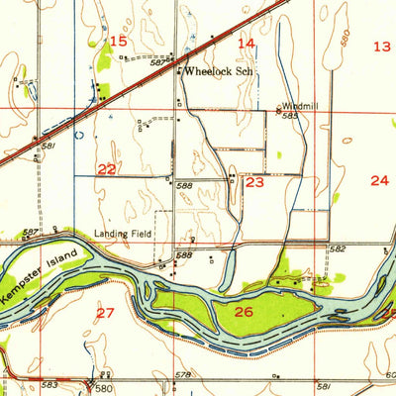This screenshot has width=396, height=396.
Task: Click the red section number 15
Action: pyautogui.click(x=118, y=41)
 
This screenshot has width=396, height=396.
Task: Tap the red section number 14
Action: pyautogui.click(x=246, y=43)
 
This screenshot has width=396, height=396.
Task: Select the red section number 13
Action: pyautogui.click(x=381, y=46)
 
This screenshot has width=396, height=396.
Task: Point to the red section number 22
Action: pyautogui.click(x=107, y=169)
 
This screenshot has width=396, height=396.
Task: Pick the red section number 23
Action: pyautogui.click(x=254, y=182)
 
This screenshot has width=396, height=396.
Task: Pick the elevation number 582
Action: pyautogui.click(x=337, y=249)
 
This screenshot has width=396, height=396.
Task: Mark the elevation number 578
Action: pyautogui.click(x=181, y=375)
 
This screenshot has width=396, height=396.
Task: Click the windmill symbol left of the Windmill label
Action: pyautogui.click(x=278, y=108)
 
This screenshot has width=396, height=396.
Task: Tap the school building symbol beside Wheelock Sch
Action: pyautogui.click(x=179, y=72)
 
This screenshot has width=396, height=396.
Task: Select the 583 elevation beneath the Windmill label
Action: pyautogui.click(x=290, y=116)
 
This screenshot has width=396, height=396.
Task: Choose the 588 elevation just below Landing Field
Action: pyautogui.click(x=183, y=254)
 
